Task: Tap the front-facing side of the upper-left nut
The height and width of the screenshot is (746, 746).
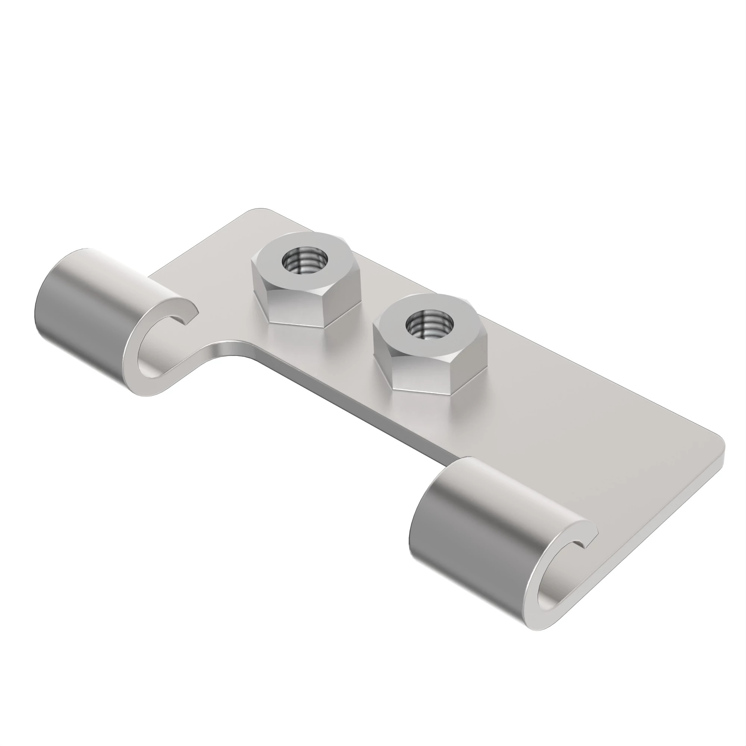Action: click(300, 309)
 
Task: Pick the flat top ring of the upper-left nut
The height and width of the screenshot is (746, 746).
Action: click(278, 251)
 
